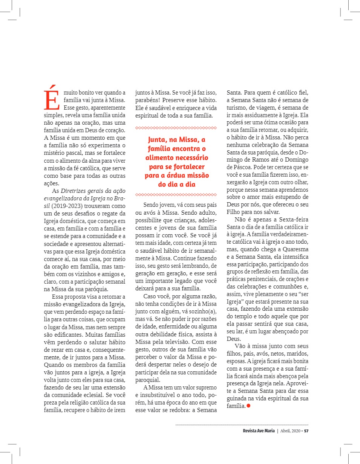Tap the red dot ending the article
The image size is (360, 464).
248,405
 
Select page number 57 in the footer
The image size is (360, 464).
306,431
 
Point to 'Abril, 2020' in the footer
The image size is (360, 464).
290,431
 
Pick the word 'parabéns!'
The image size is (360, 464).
148,101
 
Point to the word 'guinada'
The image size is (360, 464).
238,398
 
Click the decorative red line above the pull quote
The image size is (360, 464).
176,128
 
